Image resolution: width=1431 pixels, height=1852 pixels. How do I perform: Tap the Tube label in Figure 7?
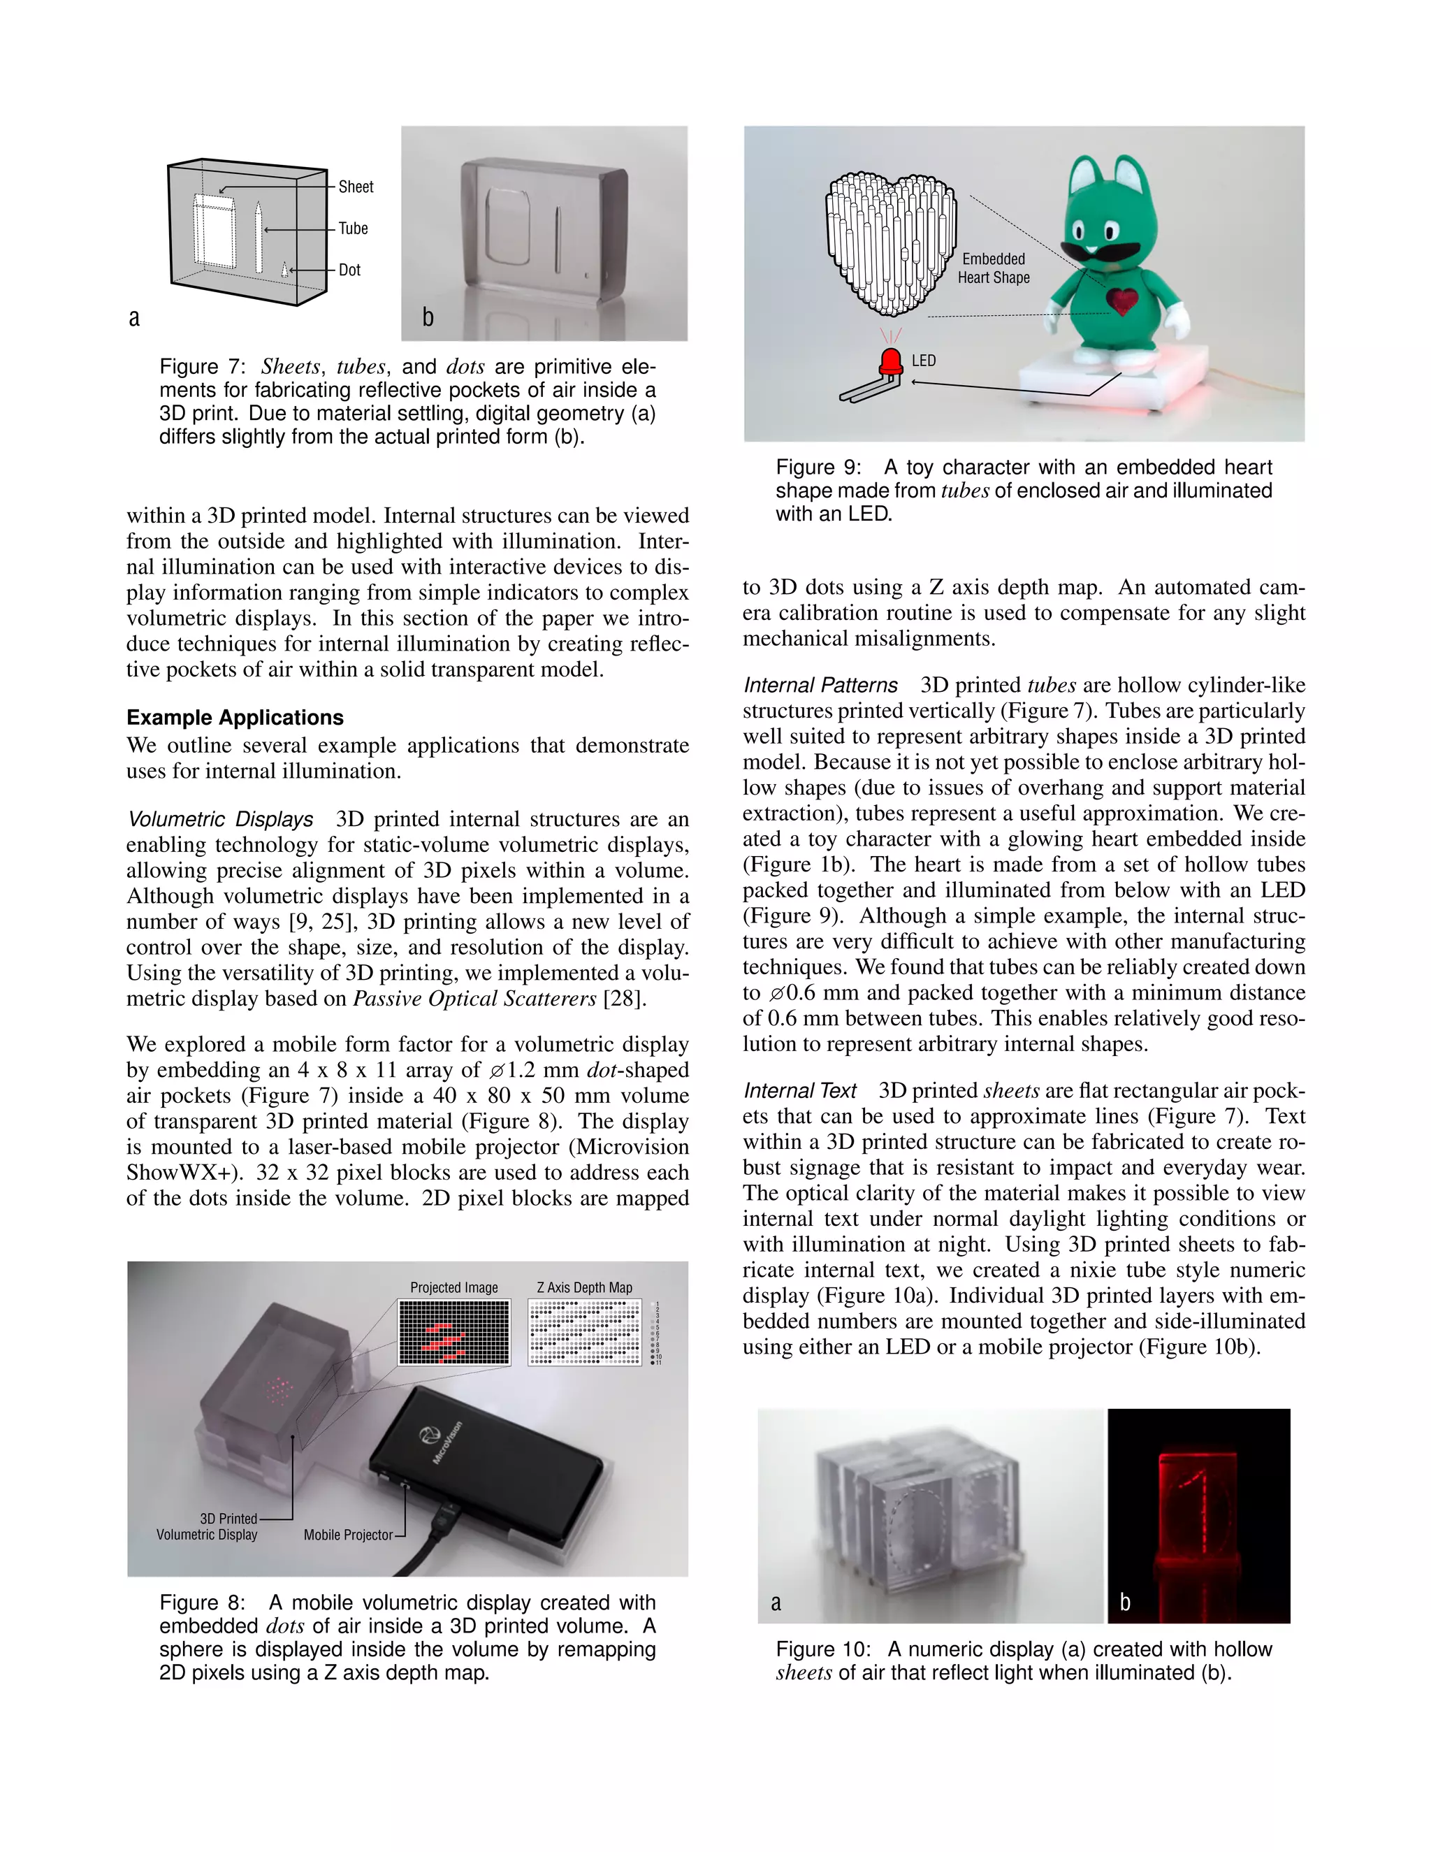353,228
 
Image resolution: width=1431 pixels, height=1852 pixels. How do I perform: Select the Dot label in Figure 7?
349,270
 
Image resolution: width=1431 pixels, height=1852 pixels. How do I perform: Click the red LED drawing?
891,362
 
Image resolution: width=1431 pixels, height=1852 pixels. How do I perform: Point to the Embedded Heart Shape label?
994,268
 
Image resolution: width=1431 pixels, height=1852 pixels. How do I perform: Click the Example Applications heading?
235,718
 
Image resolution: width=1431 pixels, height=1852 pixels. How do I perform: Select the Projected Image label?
453,1287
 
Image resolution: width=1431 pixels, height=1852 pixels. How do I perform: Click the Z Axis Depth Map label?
584,1287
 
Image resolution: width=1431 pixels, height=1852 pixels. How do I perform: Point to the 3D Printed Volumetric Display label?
207,1526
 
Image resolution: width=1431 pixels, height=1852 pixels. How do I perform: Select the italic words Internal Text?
799,1090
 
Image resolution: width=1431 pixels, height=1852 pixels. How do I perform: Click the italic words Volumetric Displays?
219,819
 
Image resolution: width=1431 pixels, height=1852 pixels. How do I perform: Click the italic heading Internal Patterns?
820,685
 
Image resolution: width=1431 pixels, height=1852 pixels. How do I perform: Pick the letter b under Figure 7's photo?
428,317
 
